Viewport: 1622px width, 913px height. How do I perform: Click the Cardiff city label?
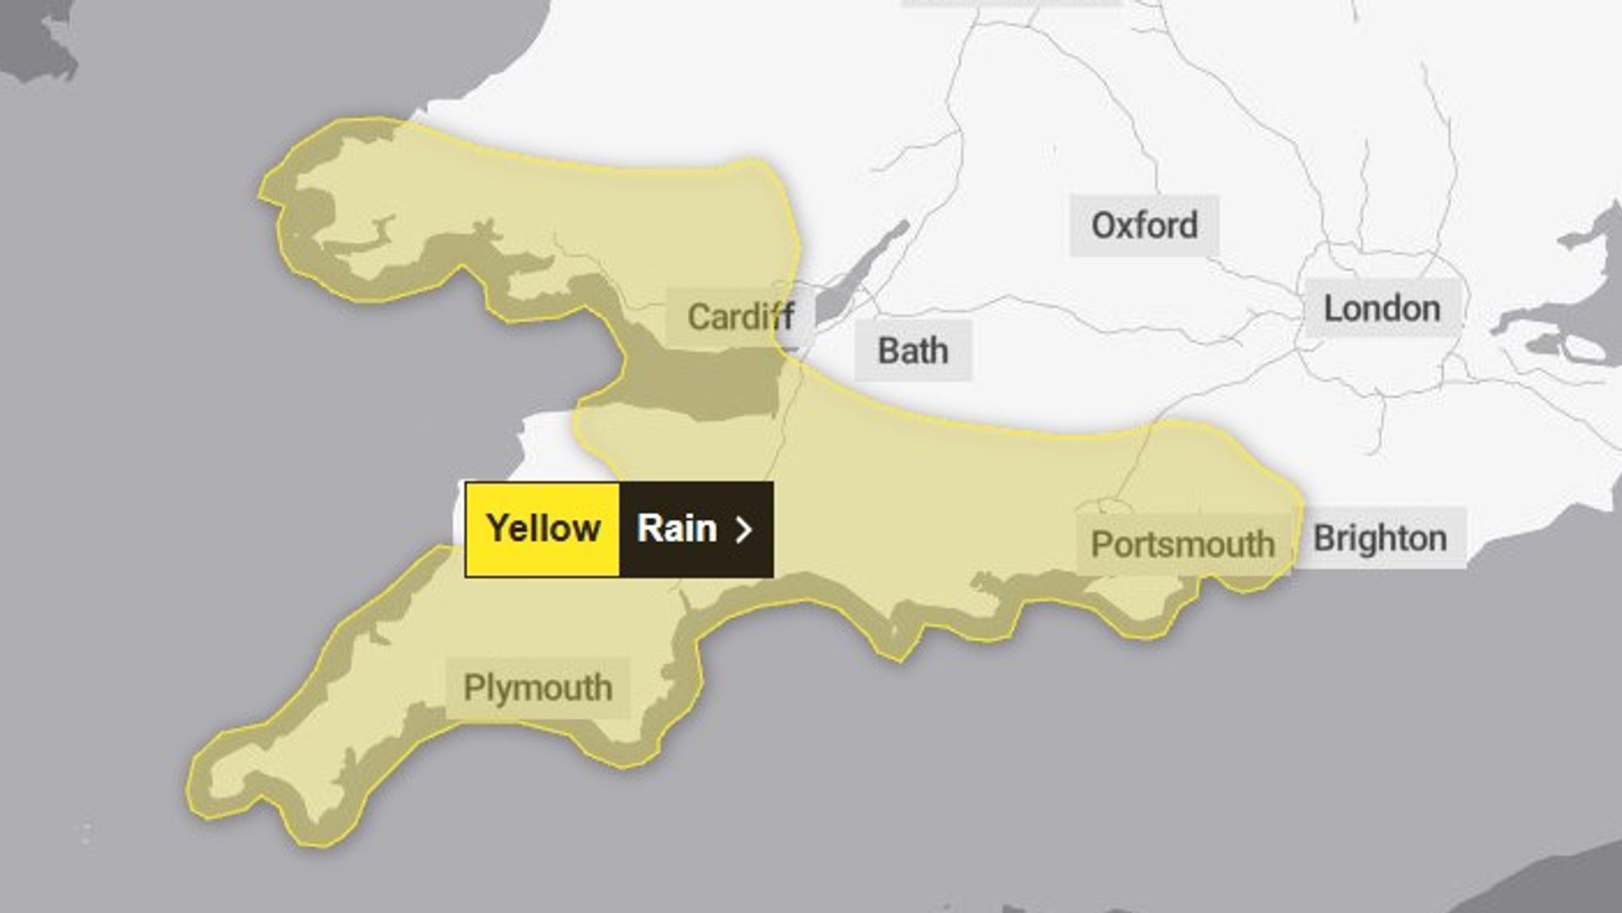coord(740,317)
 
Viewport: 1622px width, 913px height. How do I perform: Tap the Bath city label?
coord(912,350)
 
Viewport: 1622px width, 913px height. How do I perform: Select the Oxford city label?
coord(1144,225)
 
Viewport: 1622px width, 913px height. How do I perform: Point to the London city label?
coord(1381,309)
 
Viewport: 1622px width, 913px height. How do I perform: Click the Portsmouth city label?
coord(1182,544)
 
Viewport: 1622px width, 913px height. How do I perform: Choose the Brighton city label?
coord(1380,538)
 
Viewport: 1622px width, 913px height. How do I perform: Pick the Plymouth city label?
coord(537,687)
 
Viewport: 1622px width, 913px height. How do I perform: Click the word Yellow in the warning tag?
coord(543,528)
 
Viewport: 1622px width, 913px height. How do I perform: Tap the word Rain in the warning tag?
coord(677,528)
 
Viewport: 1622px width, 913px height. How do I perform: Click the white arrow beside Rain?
coord(743,529)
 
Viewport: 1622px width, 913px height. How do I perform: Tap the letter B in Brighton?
coord(1324,538)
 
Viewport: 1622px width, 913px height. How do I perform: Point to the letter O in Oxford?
coord(1103,225)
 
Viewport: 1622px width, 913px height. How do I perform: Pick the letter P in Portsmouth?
coord(1101,544)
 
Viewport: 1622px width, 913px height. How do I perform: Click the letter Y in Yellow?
coord(498,528)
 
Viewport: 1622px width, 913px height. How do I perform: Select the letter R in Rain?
coord(647,528)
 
